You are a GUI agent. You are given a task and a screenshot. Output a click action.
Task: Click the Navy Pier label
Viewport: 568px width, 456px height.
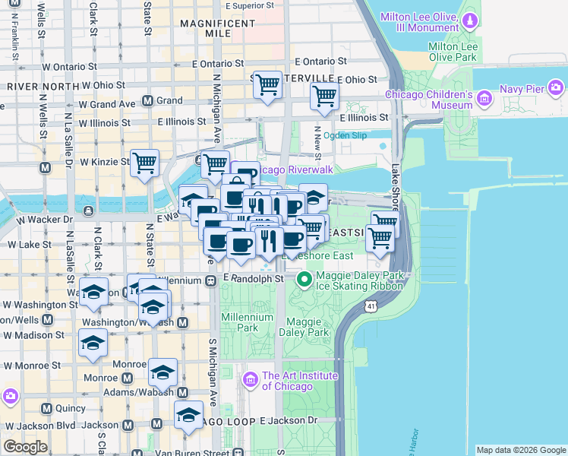[x=522, y=90]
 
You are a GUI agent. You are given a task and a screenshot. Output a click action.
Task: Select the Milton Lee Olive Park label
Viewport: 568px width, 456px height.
[x=452, y=52]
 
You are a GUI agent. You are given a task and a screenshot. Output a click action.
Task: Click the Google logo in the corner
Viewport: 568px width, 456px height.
[x=25, y=447]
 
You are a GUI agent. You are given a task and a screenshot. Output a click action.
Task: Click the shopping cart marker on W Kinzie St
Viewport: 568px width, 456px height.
[x=144, y=162]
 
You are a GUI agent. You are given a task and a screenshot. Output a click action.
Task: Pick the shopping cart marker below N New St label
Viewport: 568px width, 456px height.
[x=324, y=97]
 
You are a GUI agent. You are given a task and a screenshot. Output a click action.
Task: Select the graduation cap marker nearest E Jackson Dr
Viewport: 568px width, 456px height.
[x=188, y=415]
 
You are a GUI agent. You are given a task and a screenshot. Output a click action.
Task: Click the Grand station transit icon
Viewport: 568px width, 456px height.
[x=147, y=100]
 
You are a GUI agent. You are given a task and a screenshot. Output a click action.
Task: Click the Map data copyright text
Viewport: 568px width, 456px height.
[x=520, y=450]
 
